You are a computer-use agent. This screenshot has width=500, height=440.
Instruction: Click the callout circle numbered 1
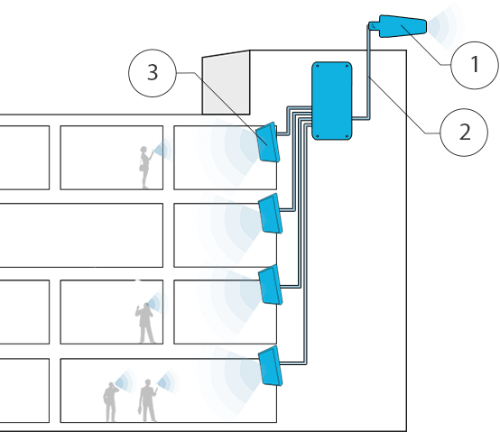(470, 65)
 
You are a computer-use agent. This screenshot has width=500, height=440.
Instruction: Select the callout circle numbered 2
(464, 133)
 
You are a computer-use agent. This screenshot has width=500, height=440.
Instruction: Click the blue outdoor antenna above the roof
(402, 27)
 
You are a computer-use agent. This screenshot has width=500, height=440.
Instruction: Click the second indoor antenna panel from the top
(270, 213)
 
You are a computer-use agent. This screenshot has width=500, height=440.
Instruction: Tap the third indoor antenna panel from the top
(270, 285)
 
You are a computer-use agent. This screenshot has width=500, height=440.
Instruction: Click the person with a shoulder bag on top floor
(144, 168)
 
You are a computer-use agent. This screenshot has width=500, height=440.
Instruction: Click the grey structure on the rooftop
(226, 83)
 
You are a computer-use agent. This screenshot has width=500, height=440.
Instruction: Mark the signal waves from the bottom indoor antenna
(233, 371)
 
